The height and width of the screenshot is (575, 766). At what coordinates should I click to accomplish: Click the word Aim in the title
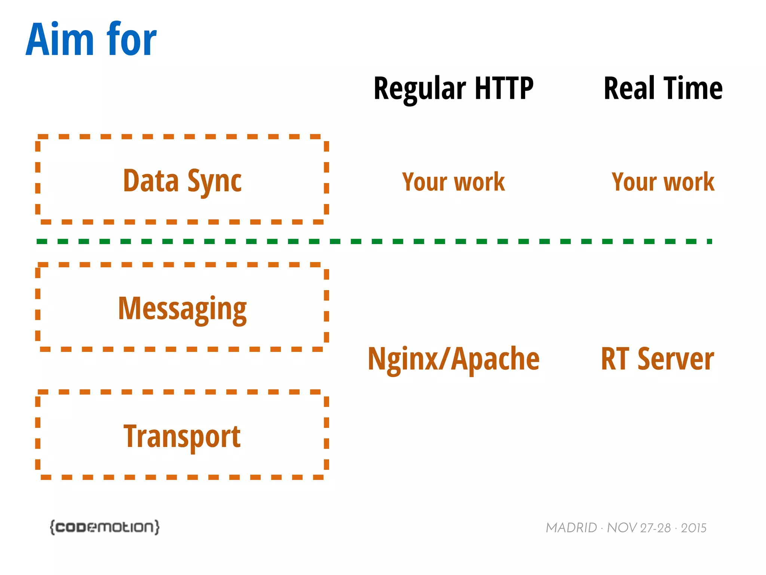point(60,39)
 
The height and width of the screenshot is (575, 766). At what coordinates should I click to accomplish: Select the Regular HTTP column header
point(453,89)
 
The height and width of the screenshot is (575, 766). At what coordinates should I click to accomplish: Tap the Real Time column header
point(663,89)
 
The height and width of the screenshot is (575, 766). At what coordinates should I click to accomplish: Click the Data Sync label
point(182,181)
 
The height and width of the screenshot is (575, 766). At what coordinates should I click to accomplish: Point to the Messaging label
point(182,309)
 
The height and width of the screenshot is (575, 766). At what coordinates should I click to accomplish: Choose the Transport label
point(182,436)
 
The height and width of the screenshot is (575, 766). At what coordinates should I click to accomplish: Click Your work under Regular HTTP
point(453,182)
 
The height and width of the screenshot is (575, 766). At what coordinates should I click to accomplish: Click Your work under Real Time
point(663,182)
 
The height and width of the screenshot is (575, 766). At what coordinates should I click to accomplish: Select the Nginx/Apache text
point(453,359)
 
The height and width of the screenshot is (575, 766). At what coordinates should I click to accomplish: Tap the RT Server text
point(657,359)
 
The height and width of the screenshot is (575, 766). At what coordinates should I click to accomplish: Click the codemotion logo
point(105,527)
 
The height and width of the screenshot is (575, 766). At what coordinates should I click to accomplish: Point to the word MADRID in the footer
point(571,528)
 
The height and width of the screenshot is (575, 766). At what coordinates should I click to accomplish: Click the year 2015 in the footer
point(693,528)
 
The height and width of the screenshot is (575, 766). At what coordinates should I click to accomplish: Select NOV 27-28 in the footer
point(638,528)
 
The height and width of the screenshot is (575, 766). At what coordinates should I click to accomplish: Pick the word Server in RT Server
point(675,359)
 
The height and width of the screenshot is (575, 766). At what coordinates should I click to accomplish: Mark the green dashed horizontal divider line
point(374,241)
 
